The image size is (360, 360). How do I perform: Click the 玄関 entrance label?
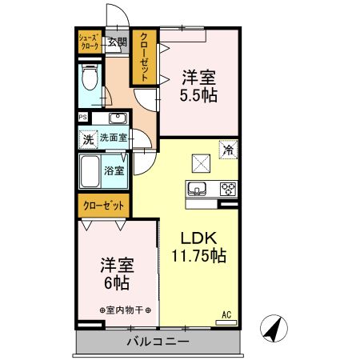[x=118, y=42]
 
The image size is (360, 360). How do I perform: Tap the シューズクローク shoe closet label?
[x=88, y=42]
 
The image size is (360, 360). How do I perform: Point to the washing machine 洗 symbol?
[x=88, y=138]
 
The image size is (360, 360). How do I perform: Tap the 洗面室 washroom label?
[x=113, y=138]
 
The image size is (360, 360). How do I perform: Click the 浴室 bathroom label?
[x=114, y=170]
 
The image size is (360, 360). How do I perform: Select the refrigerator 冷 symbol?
[x=228, y=150]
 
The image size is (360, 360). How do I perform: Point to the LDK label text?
[x=197, y=238]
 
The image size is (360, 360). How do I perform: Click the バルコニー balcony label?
[x=158, y=342]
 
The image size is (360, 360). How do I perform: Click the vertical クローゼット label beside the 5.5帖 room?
[x=146, y=57]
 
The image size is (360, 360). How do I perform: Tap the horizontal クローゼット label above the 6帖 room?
[x=105, y=206]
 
